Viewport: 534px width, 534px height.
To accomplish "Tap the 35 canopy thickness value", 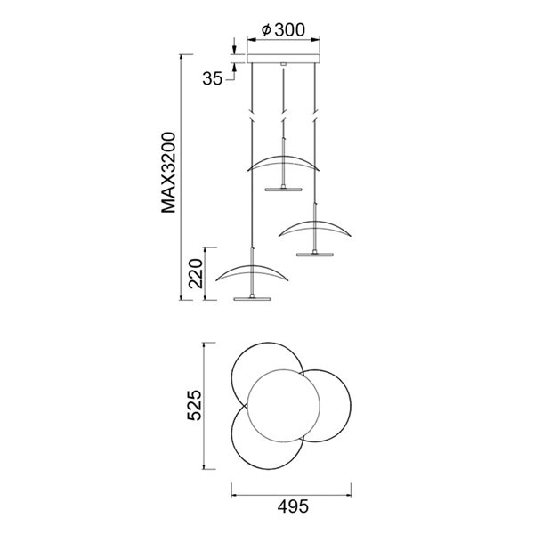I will pyautogui.click(x=211, y=78).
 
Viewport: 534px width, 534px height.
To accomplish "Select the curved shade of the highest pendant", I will pyautogui.click(x=284, y=162).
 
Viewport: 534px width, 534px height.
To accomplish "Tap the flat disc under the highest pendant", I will pyautogui.click(x=284, y=188).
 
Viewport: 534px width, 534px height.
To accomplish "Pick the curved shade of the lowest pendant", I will pyautogui.click(x=254, y=271).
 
